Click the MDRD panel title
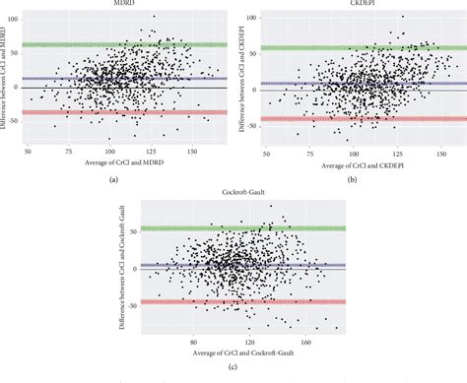coord(126,4)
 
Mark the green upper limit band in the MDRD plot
coord(126,44)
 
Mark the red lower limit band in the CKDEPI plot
coord(359,118)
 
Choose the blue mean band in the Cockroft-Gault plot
coord(239,265)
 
